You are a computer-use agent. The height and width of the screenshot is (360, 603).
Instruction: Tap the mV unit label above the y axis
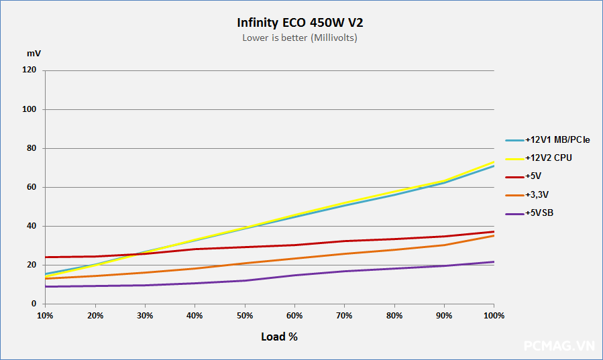point(33,53)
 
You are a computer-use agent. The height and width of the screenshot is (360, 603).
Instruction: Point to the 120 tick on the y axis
point(30,70)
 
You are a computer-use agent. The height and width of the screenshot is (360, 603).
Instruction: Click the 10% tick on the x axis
point(45,315)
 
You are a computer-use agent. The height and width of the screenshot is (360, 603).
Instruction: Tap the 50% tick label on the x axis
point(245,315)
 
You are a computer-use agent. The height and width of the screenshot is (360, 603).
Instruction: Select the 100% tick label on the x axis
point(494,315)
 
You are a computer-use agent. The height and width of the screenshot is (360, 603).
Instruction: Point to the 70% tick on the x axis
point(345,315)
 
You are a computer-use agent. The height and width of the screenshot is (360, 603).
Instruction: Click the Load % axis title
point(279,337)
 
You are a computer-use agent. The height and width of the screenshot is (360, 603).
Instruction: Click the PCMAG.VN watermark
point(559,346)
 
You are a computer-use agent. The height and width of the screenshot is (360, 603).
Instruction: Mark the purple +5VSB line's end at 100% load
point(494,262)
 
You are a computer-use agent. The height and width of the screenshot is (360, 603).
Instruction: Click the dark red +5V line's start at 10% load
point(45,257)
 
